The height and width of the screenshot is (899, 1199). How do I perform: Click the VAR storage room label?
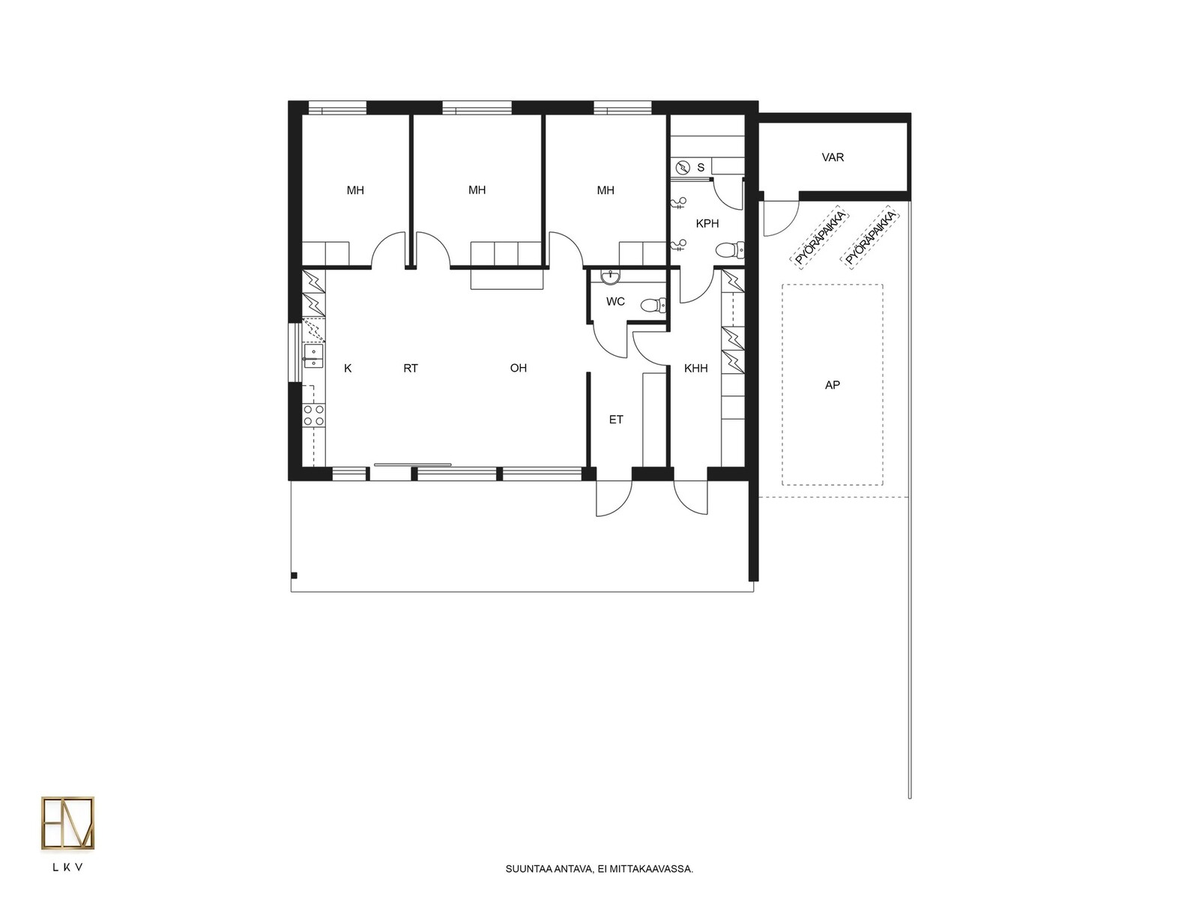pos(832,157)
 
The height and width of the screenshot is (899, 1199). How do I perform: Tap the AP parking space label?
pos(831,385)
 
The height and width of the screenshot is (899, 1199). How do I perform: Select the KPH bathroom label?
pos(707,223)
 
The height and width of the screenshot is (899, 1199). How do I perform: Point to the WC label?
pos(615,301)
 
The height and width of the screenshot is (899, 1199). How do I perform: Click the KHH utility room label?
pos(695,369)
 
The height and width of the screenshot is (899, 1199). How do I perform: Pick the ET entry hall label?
pos(616,420)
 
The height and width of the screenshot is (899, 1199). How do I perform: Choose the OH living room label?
pos(518,368)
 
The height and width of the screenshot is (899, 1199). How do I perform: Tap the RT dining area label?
pos(410,369)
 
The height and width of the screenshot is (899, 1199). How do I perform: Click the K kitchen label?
pos(348,369)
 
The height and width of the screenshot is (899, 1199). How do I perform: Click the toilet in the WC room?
pos(653,305)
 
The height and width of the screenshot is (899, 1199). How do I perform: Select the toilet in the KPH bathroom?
pos(730,250)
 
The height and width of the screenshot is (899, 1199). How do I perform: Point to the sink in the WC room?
pos(609,277)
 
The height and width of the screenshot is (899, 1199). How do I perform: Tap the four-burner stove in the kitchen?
pos(313,415)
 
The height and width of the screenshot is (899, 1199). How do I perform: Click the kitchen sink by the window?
pos(313,355)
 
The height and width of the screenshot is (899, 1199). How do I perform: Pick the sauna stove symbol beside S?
pos(683,168)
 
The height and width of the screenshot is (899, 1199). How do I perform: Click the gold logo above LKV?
pos(67,823)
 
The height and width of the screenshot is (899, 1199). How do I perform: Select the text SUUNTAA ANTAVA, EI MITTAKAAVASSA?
pos(599,869)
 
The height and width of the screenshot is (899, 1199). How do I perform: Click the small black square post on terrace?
pos(294,575)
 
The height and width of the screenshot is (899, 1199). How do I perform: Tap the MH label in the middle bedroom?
pos(477,190)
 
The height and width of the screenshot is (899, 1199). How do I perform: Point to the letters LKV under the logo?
pos(67,868)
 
